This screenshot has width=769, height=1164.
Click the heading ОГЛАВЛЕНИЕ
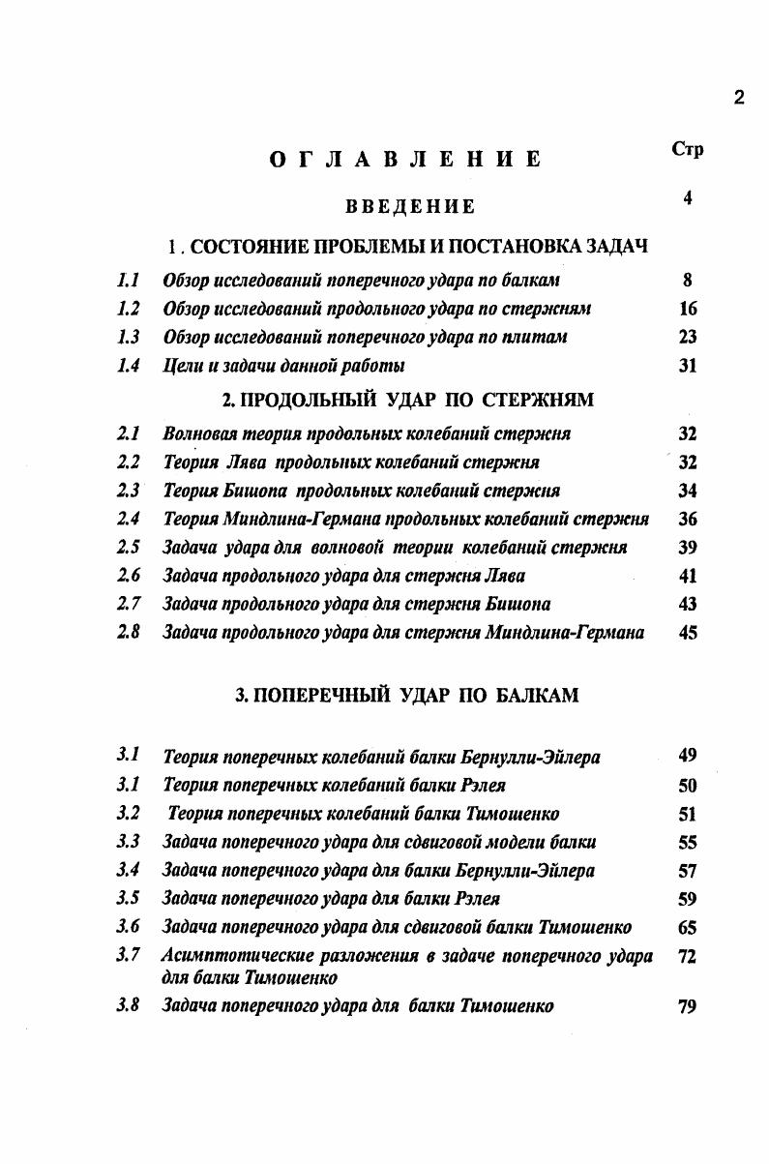click(404, 161)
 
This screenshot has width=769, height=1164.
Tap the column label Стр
click(687, 148)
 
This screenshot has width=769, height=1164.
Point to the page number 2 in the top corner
click(739, 97)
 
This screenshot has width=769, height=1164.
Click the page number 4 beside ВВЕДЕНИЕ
click(688, 198)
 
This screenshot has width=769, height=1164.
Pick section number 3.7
click(129, 956)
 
